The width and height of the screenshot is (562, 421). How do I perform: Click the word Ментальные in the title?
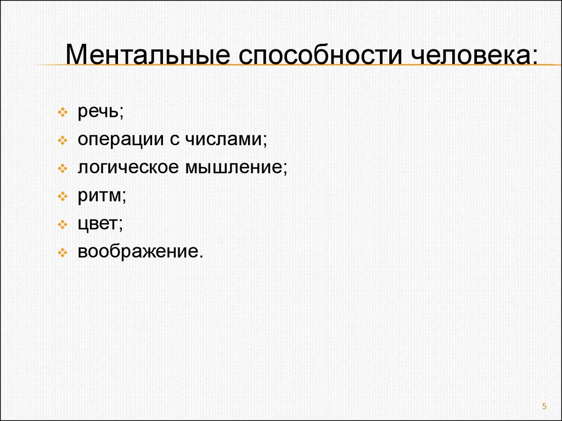click(148, 54)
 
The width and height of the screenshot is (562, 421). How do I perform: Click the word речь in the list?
click(98, 112)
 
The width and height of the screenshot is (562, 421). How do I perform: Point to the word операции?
click(120, 140)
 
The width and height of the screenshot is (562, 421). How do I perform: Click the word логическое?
click(128, 168)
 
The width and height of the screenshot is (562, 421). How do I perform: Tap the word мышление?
click(234, 168)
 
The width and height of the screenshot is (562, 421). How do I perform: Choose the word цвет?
click(98, 224)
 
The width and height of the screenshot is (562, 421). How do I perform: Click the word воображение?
click(138, 252)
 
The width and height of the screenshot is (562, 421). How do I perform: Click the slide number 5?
click(544, 406)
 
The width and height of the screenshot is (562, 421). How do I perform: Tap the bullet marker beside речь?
click(63, 112)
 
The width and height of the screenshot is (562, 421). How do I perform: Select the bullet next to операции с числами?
click(63, 140)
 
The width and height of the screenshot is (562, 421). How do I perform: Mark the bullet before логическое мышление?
click(63, 168)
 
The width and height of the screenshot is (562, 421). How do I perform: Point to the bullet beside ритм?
click(63, 196)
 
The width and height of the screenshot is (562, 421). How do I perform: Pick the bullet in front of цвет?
click(63, 224)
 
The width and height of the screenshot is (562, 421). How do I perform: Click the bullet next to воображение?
click(63, 253)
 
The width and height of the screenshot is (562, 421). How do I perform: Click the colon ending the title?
click(535, 57)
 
